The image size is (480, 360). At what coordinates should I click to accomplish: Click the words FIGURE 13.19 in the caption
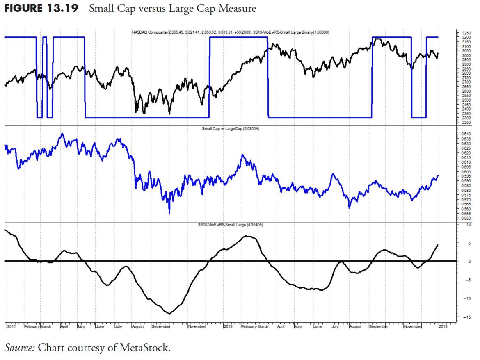tap(41, 9)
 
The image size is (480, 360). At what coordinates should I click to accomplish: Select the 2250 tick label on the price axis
tap(466, 123)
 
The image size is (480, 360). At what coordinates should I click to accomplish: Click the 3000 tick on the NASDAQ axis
tap(466, 55)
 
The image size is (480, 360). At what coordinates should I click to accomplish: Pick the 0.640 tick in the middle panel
tap(466, 134)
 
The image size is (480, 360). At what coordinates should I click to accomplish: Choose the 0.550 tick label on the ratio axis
tap(466, 219)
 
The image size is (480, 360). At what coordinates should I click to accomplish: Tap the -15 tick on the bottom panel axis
tap(465, 317)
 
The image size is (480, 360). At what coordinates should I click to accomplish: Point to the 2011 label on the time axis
tap(12, 327)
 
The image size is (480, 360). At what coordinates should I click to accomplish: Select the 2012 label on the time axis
tap(229, 327)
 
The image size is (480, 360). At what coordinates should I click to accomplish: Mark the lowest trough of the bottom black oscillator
tap(169, 314)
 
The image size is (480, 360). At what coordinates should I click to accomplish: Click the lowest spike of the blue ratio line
tap(169, 214)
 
